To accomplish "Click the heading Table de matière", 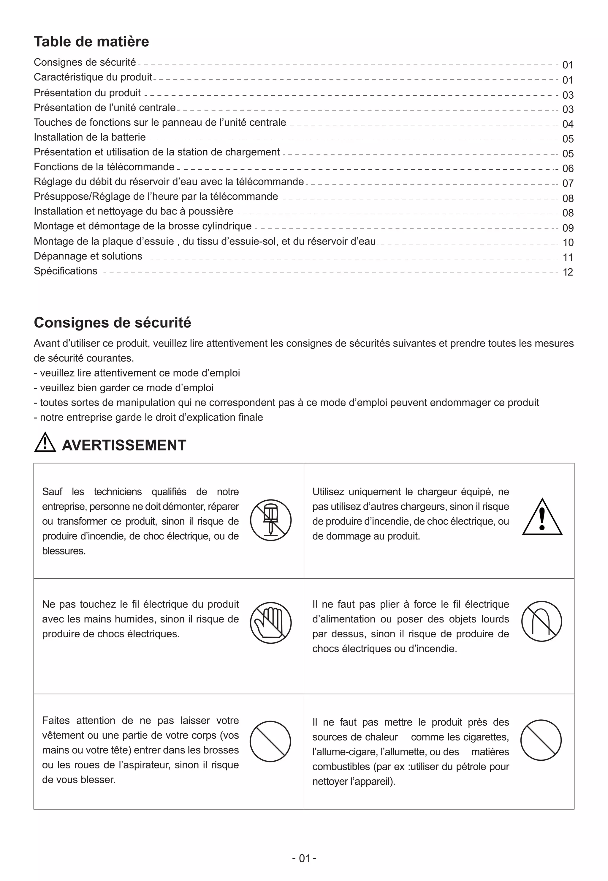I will point(91,42).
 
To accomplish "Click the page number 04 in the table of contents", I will point(568,124).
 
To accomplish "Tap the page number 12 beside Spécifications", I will point(568,272).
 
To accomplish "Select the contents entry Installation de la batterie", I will point(90,137).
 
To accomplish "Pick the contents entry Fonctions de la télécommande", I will point(104,167).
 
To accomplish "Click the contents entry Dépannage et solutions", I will point(88,256).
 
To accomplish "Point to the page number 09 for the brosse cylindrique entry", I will point(568,228).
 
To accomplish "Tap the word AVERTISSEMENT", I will point(124,445).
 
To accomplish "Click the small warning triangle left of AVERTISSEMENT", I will point(45,443).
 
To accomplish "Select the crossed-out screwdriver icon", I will point(270,520).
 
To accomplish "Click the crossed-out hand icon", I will point(270,622).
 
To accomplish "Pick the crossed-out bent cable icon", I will point(541,621).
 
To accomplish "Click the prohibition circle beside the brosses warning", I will point(270,741).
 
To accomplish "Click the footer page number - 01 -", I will point(304,858).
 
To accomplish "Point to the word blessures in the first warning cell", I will point(64,551).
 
